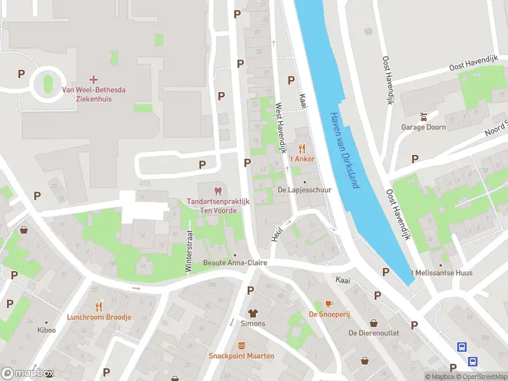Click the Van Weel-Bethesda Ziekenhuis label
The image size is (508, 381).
tap(93, 94)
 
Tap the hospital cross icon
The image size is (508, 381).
tap(94, 79)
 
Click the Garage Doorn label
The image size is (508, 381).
tap(423, 127)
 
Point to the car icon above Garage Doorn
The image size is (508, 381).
tap(423, 117)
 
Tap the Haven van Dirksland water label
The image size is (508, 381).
tap(345, 150)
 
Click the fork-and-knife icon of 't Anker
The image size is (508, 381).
tap(302, 149)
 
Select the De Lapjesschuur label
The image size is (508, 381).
tap(297, 190)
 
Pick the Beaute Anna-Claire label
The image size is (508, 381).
tap(235, 263)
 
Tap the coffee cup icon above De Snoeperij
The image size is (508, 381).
tap(329, 304)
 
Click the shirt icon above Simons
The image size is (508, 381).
tap(253, 313)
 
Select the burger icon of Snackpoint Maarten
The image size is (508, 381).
tap(241, 345)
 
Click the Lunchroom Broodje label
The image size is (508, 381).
tap(99, 317)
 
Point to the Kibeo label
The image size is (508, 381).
tap(46, 330)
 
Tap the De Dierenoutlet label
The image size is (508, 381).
tap(373, 333)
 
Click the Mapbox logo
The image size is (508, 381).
tap(27, 373)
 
